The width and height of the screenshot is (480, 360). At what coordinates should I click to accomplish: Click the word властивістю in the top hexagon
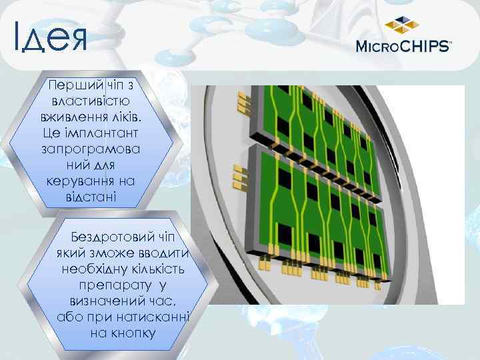(x=91, y=101)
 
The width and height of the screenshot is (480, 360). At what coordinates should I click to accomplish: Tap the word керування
(x=81, y=181)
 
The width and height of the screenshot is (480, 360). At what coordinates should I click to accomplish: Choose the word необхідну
(x=92, y=269)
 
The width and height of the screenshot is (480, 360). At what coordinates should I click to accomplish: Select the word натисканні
(x=157, y=317)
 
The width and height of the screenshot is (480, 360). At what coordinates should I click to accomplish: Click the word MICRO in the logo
(x=380, y=47)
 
